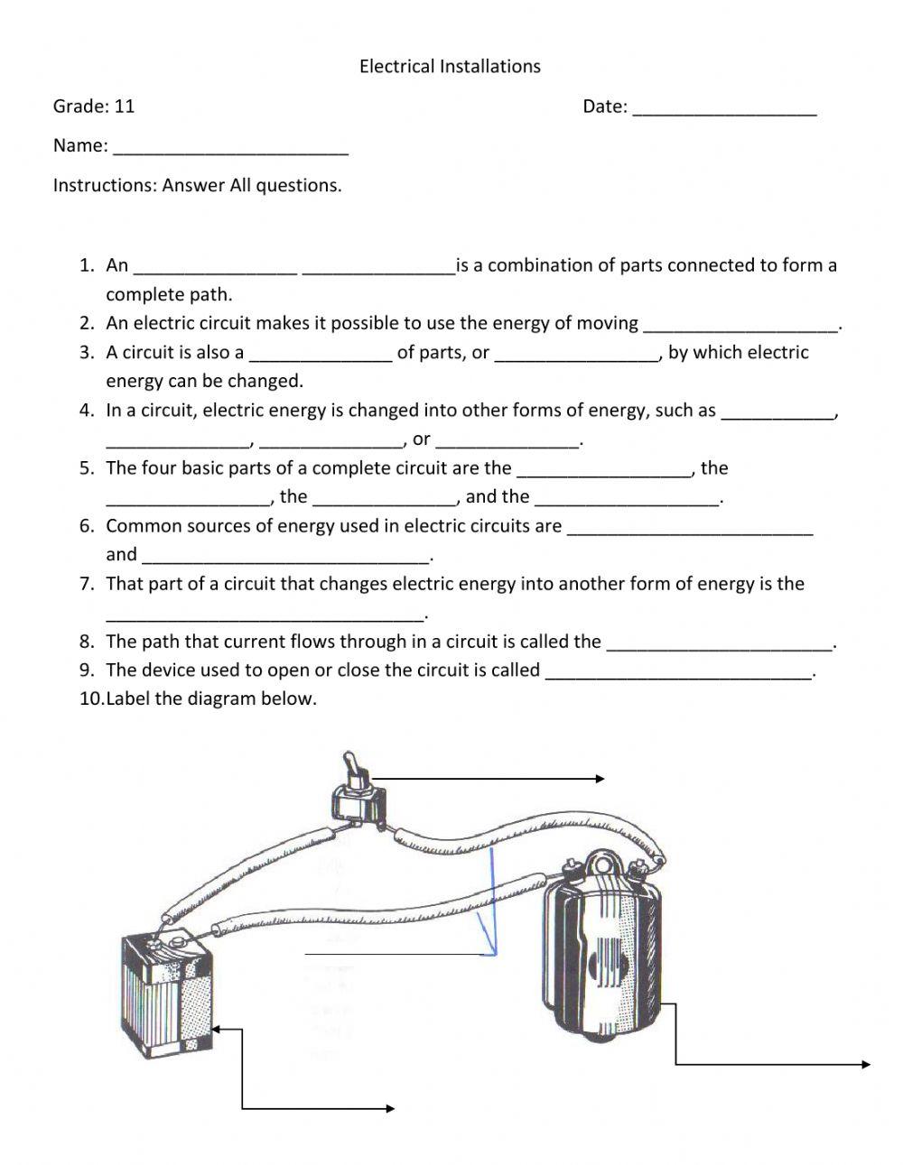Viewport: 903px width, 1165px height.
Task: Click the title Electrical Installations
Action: point(450,66)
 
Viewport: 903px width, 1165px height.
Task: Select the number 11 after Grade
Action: point(125,106)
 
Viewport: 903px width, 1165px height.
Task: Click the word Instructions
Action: point(104,186)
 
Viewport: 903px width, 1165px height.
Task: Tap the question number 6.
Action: point(86,526)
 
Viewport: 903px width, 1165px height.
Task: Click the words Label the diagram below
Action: point(211,699)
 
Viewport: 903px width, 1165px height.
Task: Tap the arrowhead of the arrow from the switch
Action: point(600,779)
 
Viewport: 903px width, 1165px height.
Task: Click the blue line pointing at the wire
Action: point(493,902)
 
